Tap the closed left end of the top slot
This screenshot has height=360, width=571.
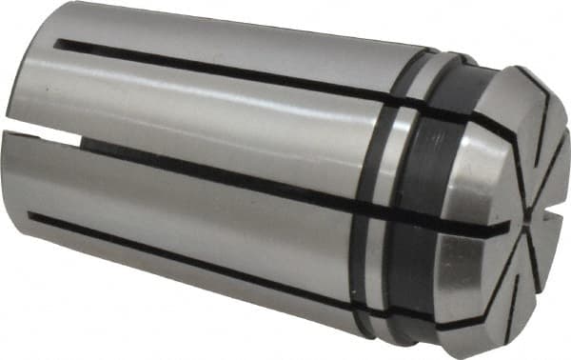pos(59,44)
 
